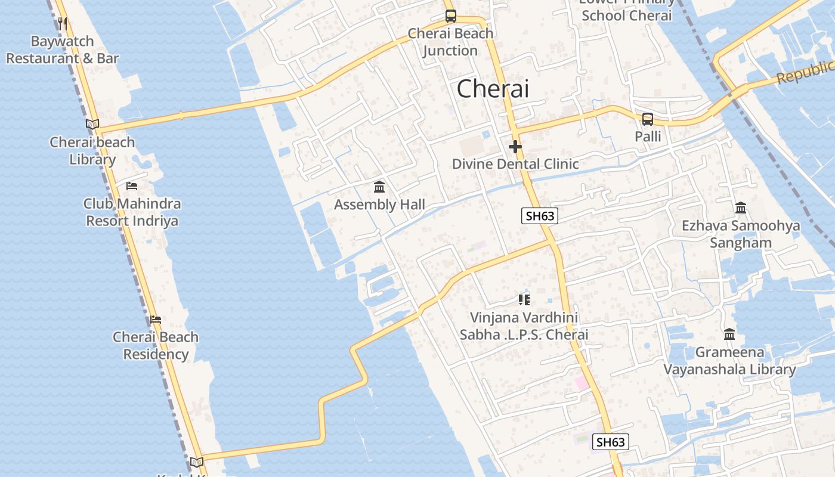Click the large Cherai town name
click(x=493, y=89)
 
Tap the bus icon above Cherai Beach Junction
click(x=451, y=16)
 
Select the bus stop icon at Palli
click(x=648, y=119)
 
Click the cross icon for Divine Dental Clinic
click(x=515, y=146)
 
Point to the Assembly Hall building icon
click(x=379, y=187)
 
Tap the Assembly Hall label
click(x=379, y=205)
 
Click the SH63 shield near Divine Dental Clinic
click(x=540, y=216)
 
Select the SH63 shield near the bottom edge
click(x=611, y=442)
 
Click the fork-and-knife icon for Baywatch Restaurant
click(x=63, y=23)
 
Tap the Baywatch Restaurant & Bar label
click(x=63, y=50)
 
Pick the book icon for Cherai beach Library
click(x=92, y=125)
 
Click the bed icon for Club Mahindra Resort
click(x=132, y=186)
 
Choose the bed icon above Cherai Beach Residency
click(x=156, y=320)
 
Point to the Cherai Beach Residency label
click(x=156, y=345)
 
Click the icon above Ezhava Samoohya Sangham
click(x=741, y=208)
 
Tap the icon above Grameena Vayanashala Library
click(x=729, y=334)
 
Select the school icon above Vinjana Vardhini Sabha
click(x=524, y=299)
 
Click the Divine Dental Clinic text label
click(x=515, y=164)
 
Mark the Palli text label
click(x=648, y=137)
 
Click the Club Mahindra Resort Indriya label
click(x=132, y=212)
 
